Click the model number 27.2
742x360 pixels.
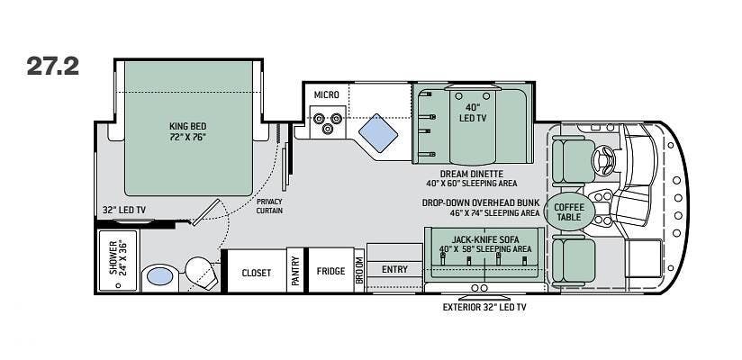pyautogui.click(x=52, y=66)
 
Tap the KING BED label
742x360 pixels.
pyautogui.click(x=188, y=126)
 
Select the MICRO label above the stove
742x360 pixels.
pyautogui.click(x=327, y=95)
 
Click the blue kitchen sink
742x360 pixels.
pyautogui.click(x=378, y=133)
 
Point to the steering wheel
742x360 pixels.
pyautogui.click(x=604, y=159)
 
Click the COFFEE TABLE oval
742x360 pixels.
pyautogui.click(x=569, y=212)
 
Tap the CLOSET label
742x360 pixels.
pyautogui.click(x=257, y=273)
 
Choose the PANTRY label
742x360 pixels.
pyautogui.click(x=295, y=271)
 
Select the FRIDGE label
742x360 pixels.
pyautogui.click(x=330, y=271)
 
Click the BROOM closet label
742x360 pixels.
pyautogui.click(x=359, y=270)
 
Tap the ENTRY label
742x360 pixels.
pyautogui.click(x=394, y=269)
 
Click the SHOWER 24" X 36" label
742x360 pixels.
pyautogui.click(x=117, y=260)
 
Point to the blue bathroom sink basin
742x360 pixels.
pyautogui.click(x=160, y=276)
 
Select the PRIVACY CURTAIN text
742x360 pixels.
pyautogui.click(x=269, y=206)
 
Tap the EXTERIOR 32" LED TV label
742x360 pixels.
pyautogui.click(x=484, y=308)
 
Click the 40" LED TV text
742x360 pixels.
pyautogui.click(x=472, y=113)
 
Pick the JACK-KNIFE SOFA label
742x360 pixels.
pyautogui.click(x=485, y=239)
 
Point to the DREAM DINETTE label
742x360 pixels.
pyautogui.click(x=471, y=174)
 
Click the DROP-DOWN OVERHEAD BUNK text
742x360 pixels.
pyautogui.click(x=481, y=202)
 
